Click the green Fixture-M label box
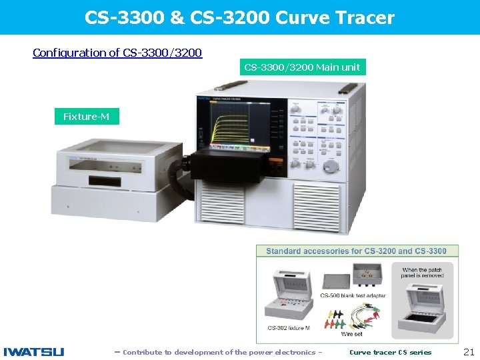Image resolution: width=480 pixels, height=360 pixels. click(86, 117)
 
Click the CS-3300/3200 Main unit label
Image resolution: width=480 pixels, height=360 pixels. click(302, 67)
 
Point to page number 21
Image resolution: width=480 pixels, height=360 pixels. click(468, 352)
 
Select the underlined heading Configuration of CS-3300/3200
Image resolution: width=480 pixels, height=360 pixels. click(117, 53)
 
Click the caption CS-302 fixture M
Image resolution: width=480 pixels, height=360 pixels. click(288, 327)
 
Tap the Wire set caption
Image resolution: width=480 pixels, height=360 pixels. click(352, 333)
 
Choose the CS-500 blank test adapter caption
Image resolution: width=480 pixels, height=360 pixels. click(353, 295)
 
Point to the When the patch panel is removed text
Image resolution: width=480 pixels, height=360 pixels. click(422, 273)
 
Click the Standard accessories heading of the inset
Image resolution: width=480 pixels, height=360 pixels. click(356, 251)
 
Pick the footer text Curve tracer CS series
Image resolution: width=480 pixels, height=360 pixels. click(390, 352)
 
